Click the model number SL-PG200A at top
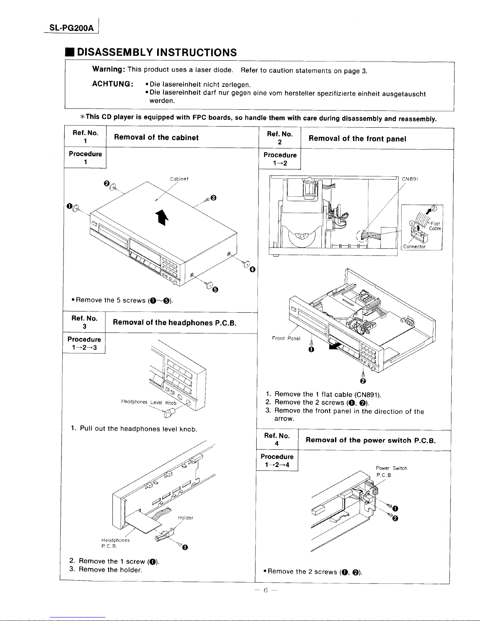[x=72, y=28]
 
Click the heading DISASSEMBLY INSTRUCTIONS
[x=157, y=53]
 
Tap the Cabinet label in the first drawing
[x=179, y=179]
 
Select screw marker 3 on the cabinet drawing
[x=213, y=197]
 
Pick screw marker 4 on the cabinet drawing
[x=252, y=269]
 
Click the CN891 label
[x=410, y=179]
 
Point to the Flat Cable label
[x=435, y=226]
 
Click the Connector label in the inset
[x=415, y=247]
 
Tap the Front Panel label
[x=286, y=338]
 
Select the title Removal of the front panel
[x=357, y=139]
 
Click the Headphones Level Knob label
[x=149, y=402]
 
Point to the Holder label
[x=185, y=518]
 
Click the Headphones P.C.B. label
[x=115, y=543]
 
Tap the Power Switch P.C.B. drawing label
[x=391, y=471]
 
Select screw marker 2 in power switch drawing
[x=395, y=519]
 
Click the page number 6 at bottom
[x=265, y=590]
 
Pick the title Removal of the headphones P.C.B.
[x=174, y=323]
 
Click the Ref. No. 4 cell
[x=277, y=440]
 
